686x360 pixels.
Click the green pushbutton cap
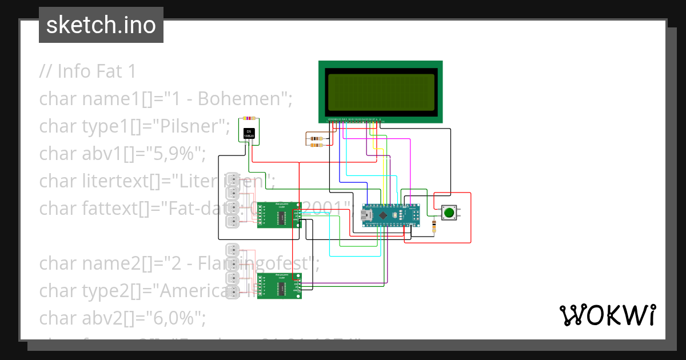click(x=449, y=213)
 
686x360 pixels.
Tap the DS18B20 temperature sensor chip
click(x=249, y=134)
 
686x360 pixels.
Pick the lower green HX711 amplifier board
click(x=279, y=287)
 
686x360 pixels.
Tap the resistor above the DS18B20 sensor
click(x=249, y=118)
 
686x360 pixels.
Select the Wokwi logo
click(x=607, y=315)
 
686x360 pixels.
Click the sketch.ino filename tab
click(x=101, y=25)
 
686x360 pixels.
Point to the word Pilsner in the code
click(x=194, y=126)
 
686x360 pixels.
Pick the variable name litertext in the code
click(x=115, y=181)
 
